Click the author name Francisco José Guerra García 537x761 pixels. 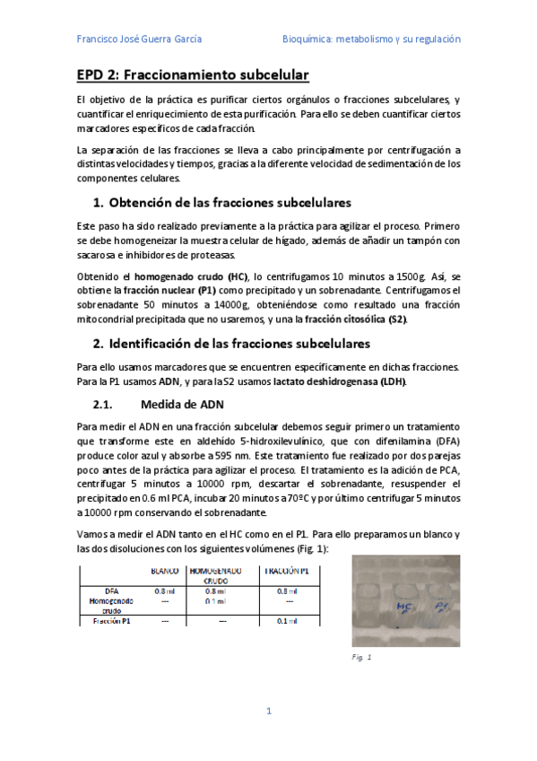click(139, 39)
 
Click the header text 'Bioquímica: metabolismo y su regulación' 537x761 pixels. click(371, 39)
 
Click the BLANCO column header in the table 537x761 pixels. click(166, 571)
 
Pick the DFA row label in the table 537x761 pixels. click(112, 591)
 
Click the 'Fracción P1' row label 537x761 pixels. click(112, 620)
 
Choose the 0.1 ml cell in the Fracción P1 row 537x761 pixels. click(287, 620)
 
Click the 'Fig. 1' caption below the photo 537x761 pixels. click(362, 657)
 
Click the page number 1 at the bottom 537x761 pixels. click(268, 711)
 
